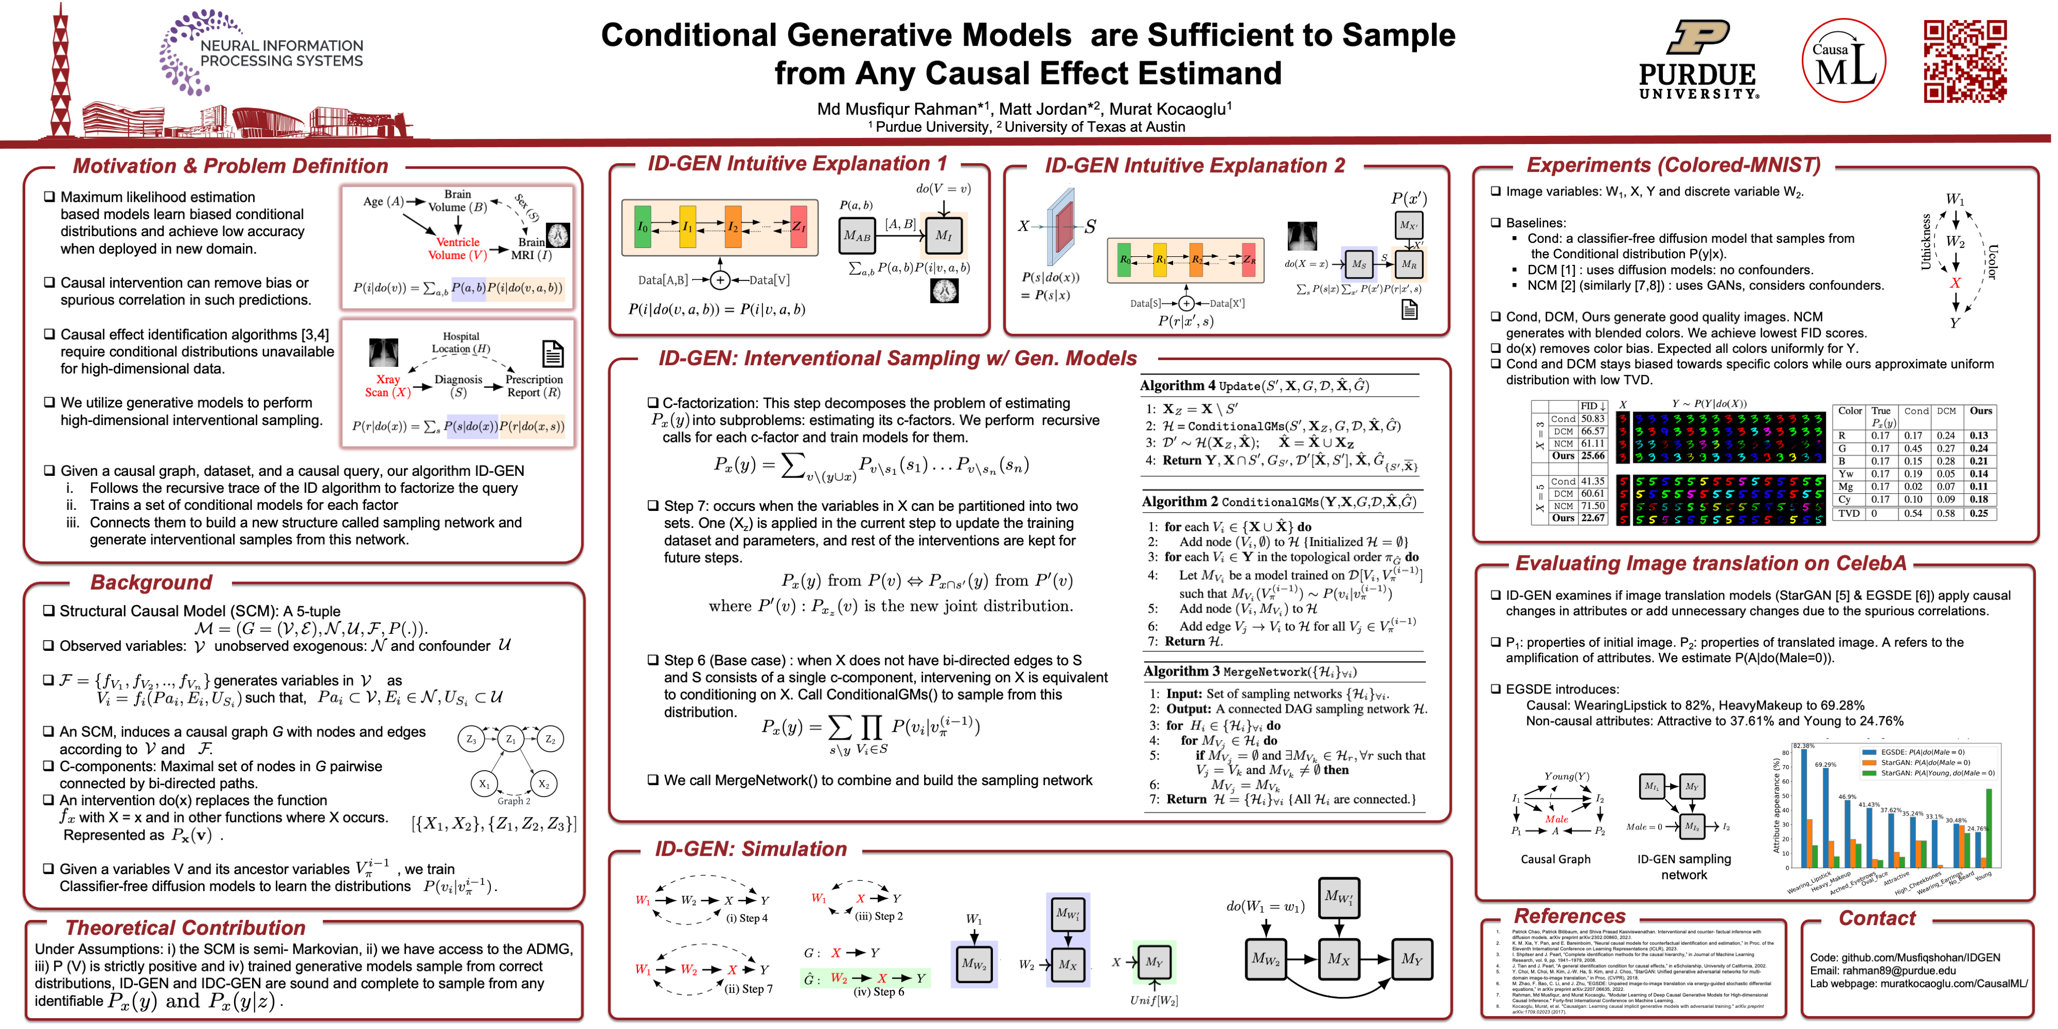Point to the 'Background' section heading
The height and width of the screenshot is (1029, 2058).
coord(151,582)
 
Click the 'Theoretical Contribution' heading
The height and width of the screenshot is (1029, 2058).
coord(185,928)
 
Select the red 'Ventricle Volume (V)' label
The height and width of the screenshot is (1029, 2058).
coord(457,249)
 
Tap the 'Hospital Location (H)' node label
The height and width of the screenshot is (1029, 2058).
coord(461,343)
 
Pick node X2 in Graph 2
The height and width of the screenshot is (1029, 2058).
coord(543,784)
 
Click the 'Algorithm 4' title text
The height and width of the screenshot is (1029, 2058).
coord(1178,386)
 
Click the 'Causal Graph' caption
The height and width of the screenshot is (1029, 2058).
coord(1555,859)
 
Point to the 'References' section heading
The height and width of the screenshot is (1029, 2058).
coord(1569,916)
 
